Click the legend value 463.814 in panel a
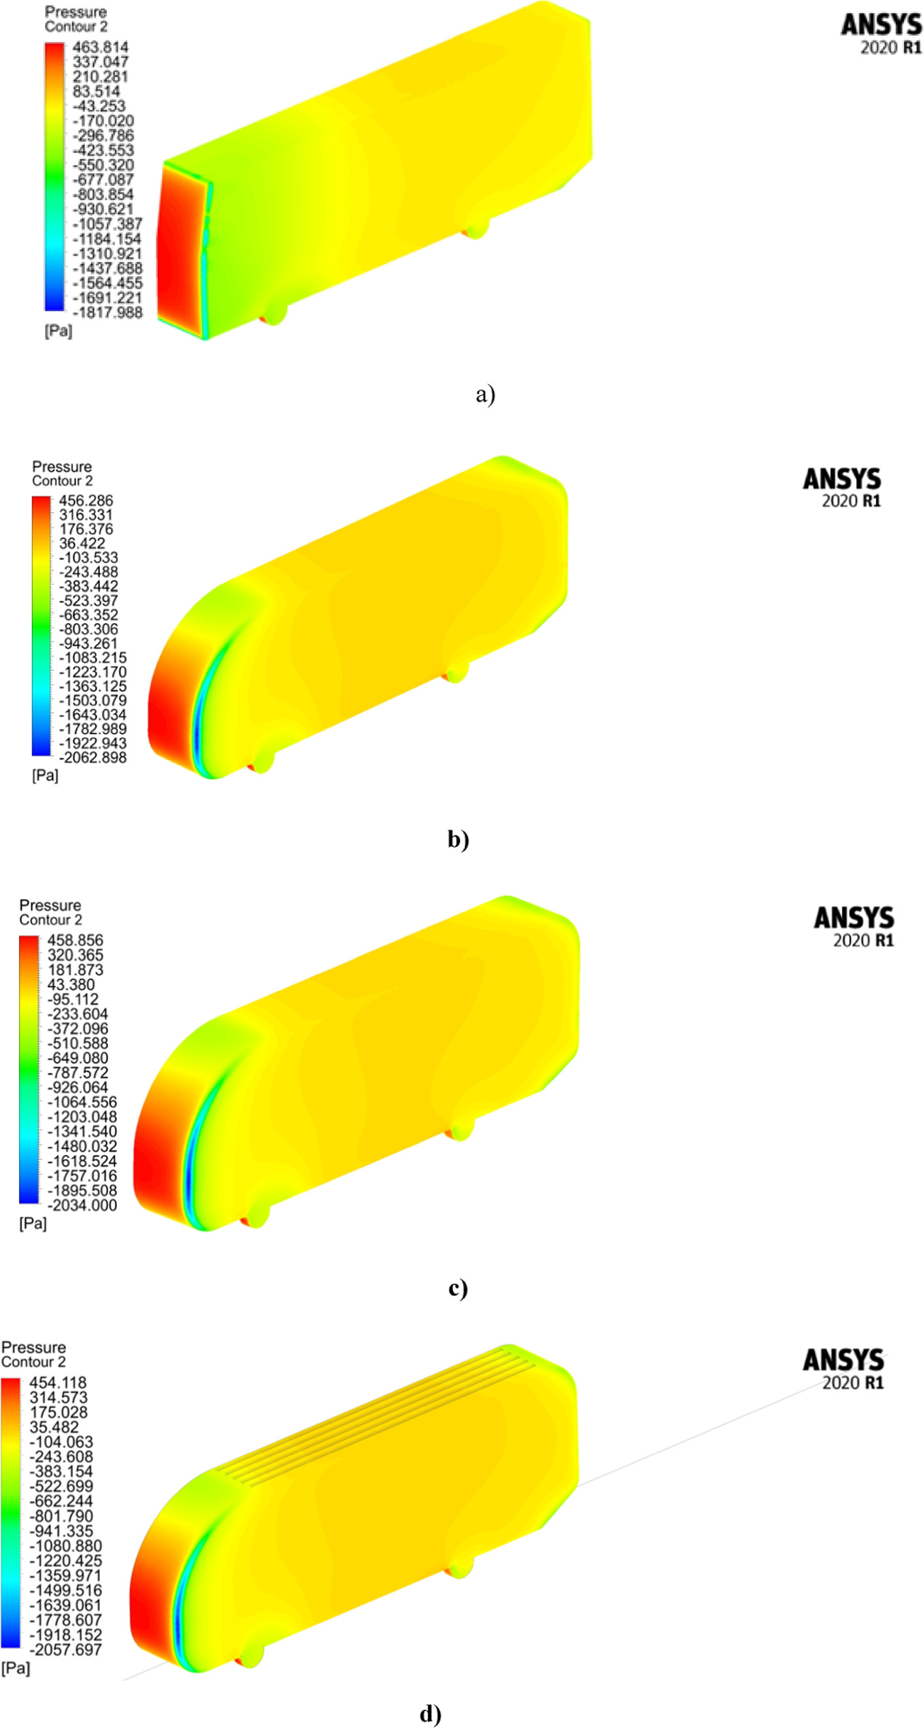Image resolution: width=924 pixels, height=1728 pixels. (100, 47)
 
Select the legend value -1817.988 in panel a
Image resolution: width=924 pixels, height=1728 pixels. (108, 313)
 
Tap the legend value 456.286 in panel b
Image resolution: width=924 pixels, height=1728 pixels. (86, 501)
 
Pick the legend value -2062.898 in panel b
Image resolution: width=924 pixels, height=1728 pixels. (93, 758)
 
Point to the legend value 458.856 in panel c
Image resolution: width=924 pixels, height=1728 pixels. (75, 940)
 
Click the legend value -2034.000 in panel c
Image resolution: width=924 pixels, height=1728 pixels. (82, 1205)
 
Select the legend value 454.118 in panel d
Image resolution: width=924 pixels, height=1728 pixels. (57, 1383)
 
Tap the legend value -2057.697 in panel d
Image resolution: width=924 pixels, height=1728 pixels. (65, 1650)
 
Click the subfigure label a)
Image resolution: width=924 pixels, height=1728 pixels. (485, 393)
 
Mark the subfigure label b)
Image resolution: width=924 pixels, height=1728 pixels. (458, 839)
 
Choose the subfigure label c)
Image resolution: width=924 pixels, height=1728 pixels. (457, 1288)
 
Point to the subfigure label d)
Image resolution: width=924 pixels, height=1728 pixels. (430, 1714)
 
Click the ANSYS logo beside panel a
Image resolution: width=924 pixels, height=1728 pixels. (881, 25)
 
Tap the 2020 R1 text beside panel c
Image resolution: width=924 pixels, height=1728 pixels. (863, 940)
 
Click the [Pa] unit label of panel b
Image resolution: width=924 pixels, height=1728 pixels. (45, 775)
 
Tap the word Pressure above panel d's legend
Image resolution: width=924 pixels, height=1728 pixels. (33, 1348)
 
